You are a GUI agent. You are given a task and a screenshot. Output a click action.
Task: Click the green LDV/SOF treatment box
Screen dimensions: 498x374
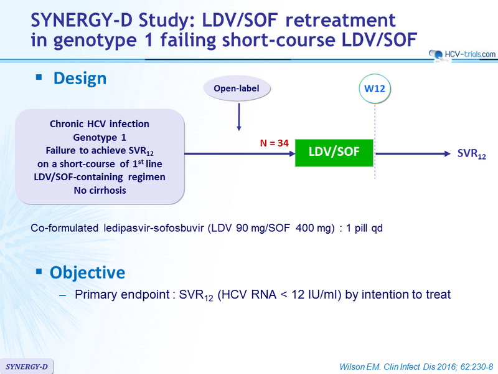[334, 153]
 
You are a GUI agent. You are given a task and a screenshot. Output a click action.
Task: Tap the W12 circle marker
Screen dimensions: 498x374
[375, 89]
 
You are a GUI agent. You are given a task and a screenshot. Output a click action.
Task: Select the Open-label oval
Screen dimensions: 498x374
[237, 89]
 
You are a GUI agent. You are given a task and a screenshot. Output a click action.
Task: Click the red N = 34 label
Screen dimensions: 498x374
[274, 143]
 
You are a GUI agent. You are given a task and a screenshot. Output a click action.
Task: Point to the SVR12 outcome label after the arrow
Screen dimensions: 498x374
[472, 154]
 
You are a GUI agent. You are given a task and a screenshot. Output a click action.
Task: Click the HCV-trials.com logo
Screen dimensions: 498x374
[463, 55]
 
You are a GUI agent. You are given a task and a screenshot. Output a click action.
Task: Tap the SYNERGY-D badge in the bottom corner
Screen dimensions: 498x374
[27, 367]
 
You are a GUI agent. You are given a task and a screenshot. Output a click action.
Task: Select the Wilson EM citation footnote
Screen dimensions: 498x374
[416, 367]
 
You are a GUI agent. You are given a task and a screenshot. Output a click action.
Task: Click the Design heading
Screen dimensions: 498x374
[80, 79]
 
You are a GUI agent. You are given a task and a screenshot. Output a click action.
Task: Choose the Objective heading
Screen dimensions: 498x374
[87, 272]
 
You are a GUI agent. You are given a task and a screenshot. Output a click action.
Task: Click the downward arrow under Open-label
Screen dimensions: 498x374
[239, 117]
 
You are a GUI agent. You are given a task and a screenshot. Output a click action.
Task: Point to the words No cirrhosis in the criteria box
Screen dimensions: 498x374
[100, 190]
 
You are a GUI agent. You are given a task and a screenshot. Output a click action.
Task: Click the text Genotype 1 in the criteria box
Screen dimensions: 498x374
[100, 137]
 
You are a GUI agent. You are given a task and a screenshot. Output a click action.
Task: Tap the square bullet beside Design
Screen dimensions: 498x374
[39, 77]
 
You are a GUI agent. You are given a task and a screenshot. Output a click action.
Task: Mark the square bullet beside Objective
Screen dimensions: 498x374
[39, 271]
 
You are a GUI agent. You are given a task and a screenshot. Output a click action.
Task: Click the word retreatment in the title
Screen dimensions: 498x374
[341, 21]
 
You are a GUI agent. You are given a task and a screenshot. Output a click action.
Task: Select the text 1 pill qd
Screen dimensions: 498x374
[364, 228]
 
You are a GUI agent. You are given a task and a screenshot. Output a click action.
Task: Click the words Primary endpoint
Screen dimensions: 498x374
[122, 294]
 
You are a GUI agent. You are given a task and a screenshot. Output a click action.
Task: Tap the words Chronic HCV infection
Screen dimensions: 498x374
[100, 123]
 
